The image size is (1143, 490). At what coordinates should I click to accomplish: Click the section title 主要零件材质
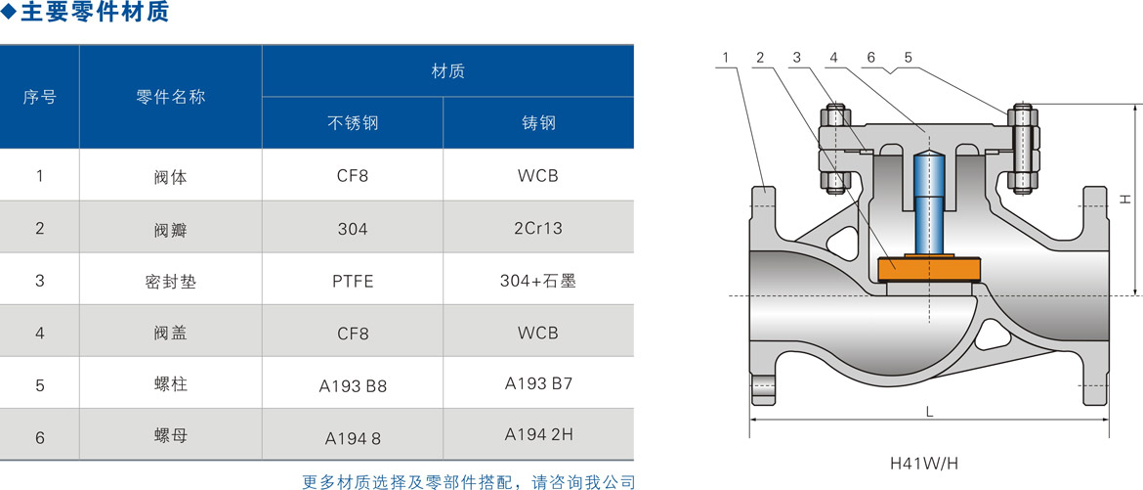click(x=95, y=13)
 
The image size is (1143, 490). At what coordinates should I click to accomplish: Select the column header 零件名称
click(x=171, y=97)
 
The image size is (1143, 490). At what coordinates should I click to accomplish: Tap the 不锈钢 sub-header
click(x=353, y=122)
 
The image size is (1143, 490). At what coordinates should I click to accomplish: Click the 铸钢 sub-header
click(x=538, y=122)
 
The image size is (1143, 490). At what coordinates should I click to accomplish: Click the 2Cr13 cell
click(x=538, y=229)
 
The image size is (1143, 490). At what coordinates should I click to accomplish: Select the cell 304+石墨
click(x=538, y=281)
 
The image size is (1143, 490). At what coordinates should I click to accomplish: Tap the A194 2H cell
click(x=538, y=434)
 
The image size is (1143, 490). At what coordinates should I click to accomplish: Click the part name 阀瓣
click(x=171, y=229)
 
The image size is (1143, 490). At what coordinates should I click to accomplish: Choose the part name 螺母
click(x=171, y=436)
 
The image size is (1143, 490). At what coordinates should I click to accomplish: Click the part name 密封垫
click(x=171, y=281)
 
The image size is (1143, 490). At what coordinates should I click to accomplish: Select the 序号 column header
click(x=39, y=97)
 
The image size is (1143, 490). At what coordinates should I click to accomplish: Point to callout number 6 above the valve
click(x=871, y=57)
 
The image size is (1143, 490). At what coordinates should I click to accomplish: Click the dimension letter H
click(x=1124, y=199)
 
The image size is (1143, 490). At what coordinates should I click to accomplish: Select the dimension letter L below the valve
click(x=929, y=412)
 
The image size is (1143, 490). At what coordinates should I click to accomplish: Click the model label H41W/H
click(x=923, y=463)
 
